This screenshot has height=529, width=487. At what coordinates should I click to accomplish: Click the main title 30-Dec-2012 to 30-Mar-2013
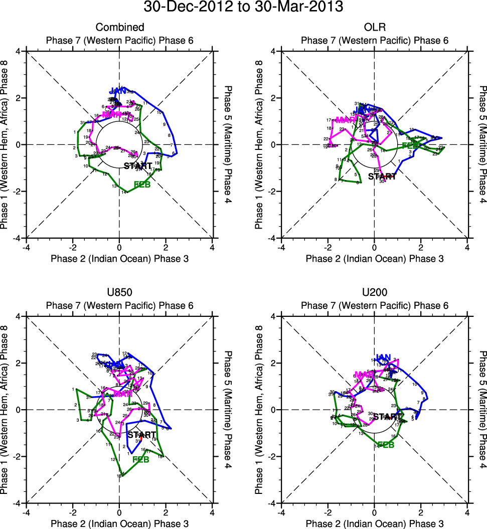coord(243,8)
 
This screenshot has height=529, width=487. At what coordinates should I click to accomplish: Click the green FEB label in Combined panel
coord(142,185)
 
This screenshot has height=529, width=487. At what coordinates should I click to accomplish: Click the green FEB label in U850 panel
coord(141,459)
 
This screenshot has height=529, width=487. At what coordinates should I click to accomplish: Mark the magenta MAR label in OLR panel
coord(345,120)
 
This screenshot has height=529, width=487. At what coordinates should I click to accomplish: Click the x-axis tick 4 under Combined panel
coord(212,247)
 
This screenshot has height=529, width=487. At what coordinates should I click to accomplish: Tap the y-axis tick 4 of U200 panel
coord(273,316)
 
